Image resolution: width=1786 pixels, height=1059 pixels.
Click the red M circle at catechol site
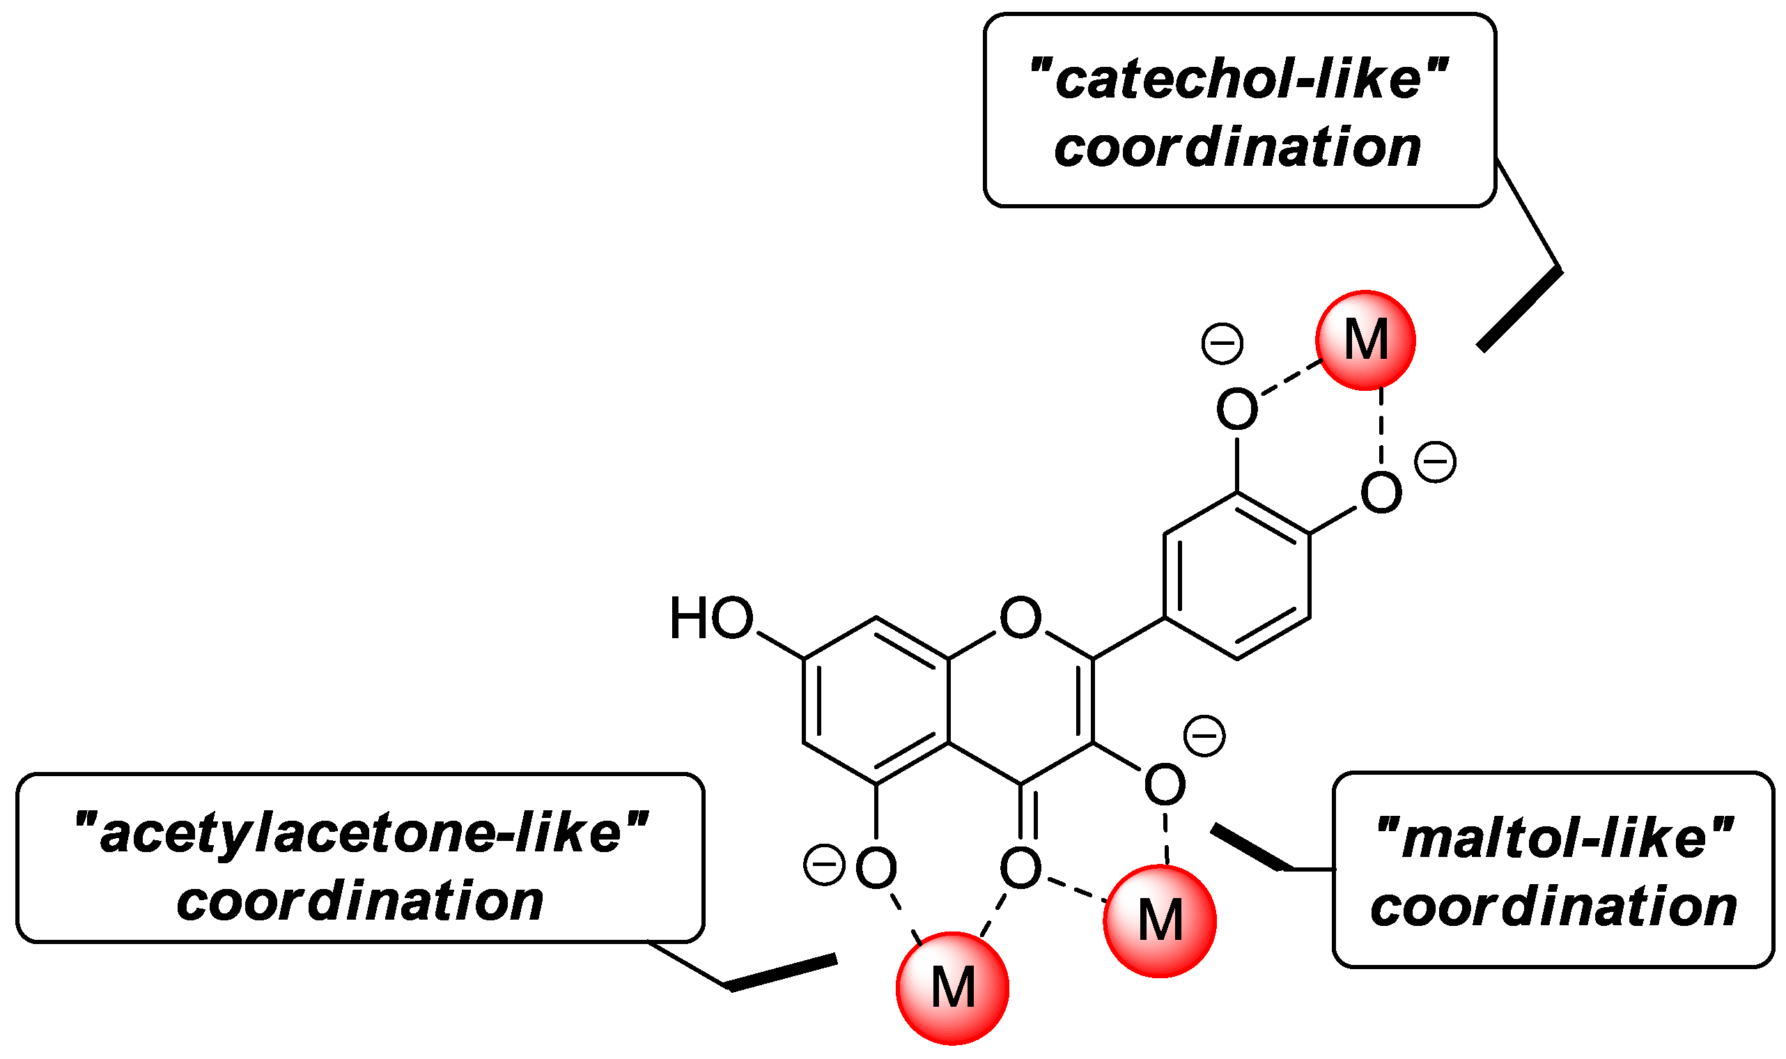tap(1365, 341)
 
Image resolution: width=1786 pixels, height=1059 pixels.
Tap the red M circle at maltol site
tap(1160, 920)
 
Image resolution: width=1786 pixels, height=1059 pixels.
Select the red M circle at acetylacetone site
tap(952, 988)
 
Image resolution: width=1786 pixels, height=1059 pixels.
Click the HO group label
tap(711, 618)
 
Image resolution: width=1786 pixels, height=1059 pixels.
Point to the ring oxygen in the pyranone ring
tap(1020, 618)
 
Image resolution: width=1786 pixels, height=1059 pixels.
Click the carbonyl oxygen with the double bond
tap(1020, 869)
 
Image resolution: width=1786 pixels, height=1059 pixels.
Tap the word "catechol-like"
tap(1239, 79)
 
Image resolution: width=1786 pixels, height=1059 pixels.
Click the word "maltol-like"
tap(1555, 837)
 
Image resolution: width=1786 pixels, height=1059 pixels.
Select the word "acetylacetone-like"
tap(361, 833)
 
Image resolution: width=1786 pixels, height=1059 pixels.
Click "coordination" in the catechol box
tap(1238, 147)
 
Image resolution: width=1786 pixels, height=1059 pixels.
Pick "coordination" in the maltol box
tap(1554, 906)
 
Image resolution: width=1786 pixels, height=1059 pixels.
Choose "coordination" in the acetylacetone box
tap(360, 901)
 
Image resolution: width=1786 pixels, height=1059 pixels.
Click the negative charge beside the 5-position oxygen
tap(824, 865)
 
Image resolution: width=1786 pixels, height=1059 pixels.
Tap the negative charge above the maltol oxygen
tap(1204, 736)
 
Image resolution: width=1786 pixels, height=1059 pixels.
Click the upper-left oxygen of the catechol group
tap(1237, 409)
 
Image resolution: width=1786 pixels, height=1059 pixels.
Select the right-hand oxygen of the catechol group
tap(1381, 493)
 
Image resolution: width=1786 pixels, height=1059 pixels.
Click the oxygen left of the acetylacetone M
tap(876, 869)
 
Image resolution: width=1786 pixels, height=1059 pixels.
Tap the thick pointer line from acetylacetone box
tap(782, 973)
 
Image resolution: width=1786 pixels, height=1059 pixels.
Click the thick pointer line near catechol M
tap(1519, 310)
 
